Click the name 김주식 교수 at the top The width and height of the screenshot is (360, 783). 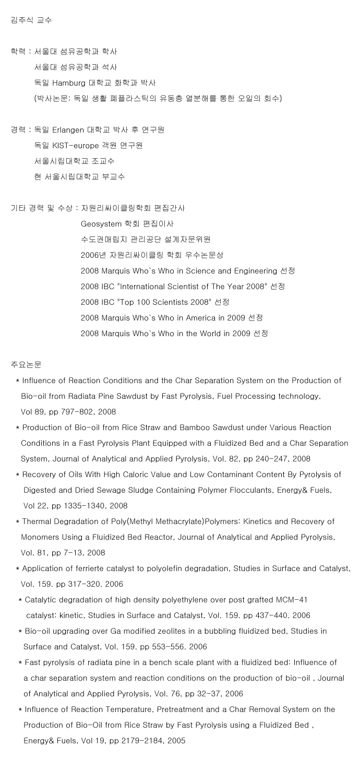point(31,20)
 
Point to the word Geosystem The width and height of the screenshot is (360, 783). point(101,223)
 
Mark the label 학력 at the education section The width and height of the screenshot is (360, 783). point(18,52)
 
